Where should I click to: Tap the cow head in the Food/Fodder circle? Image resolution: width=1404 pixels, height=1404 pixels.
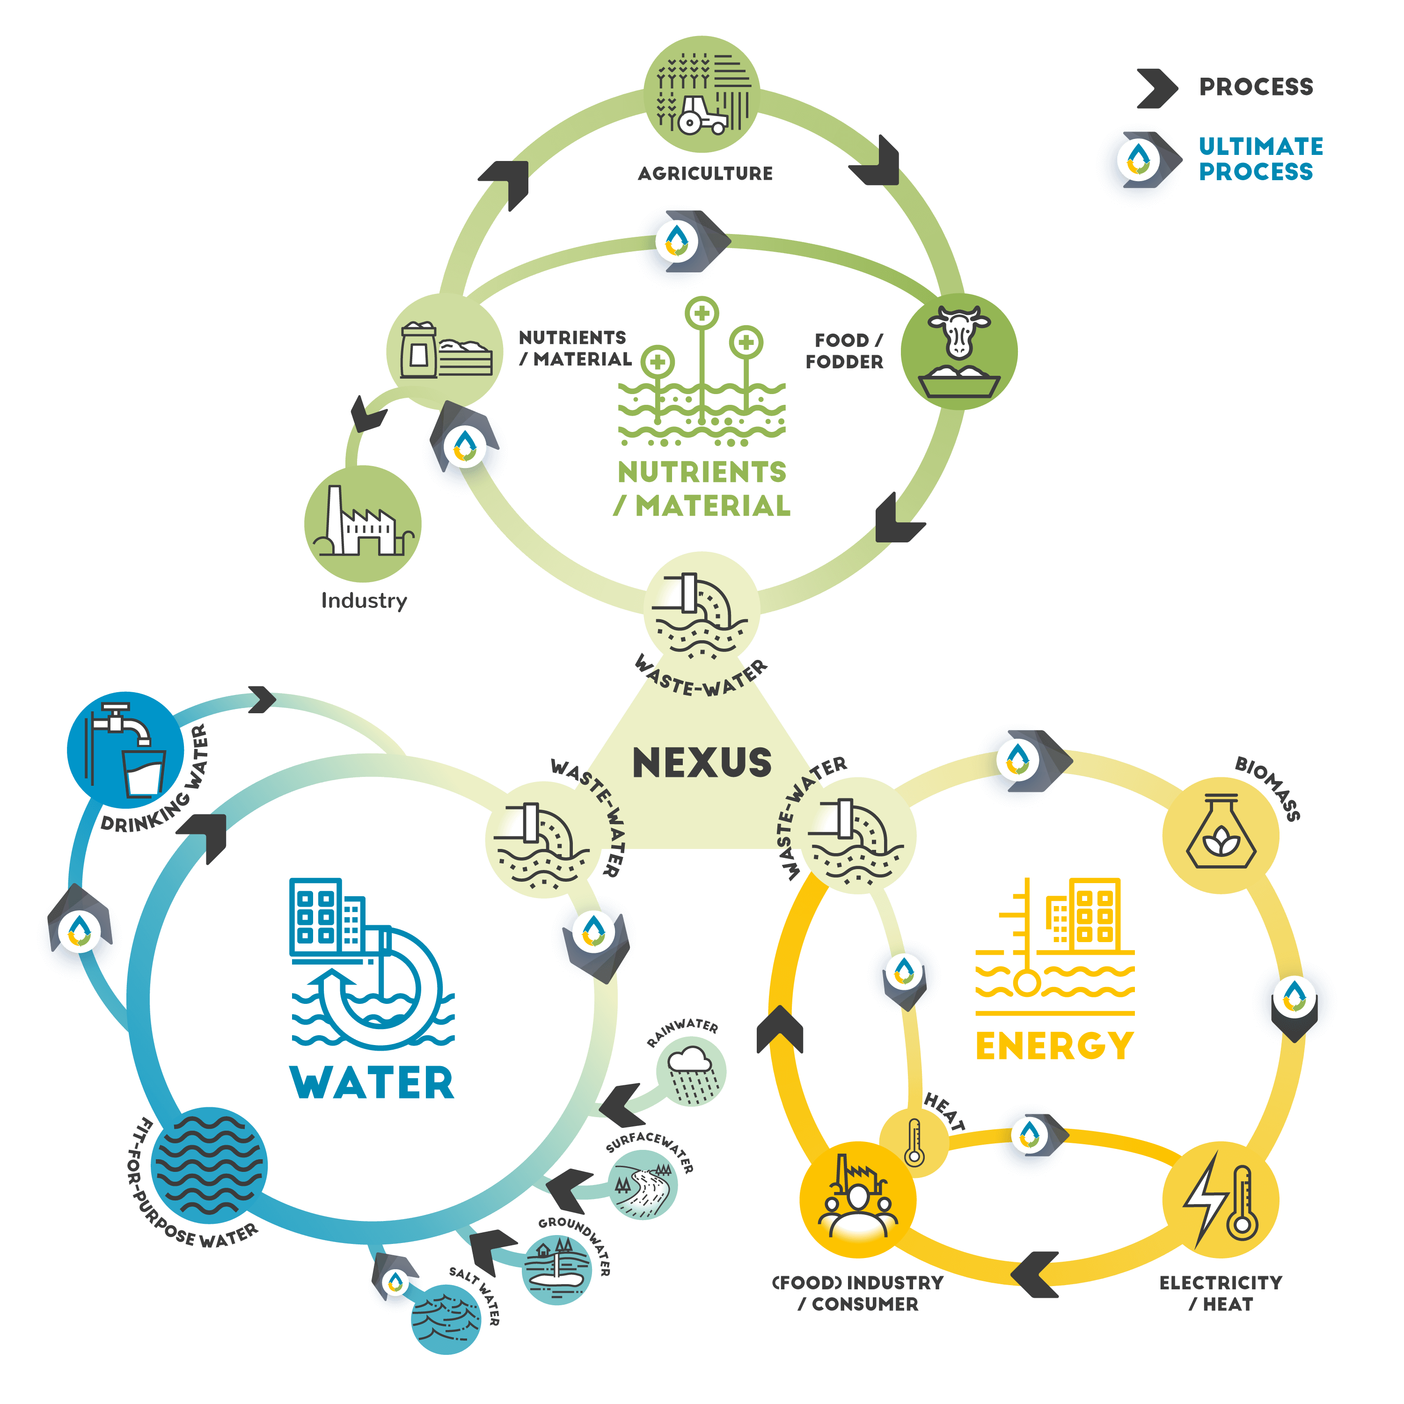(x=958, y=331)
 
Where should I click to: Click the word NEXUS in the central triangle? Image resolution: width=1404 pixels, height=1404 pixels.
(x=702, y=762)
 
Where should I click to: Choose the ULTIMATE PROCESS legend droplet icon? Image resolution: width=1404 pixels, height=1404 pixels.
(x=1140, y=159)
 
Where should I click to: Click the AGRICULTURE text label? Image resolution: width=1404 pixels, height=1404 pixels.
(x=705, y=173)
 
